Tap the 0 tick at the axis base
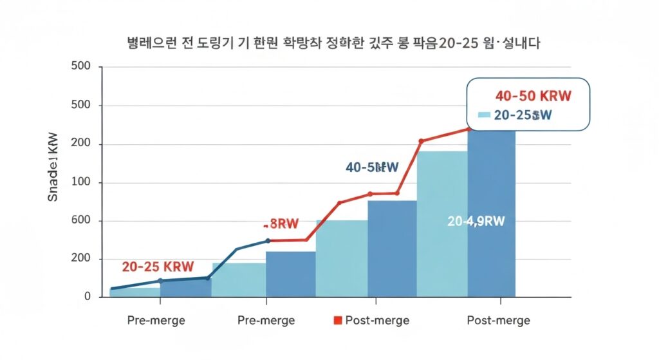[x=88, y=297]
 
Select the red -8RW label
[x=281, y=224]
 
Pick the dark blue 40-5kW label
[x=372, y=167]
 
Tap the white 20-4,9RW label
[x=476, y=221]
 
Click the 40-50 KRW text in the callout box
[x=534, y=96]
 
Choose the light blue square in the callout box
[x=484, y=115]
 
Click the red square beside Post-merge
[x=339, y=320]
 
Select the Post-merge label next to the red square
[x=376, y=320]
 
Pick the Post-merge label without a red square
[x=498, y=320]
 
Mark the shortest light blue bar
[x=135, y=292]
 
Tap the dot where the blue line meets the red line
[x=268, y=241]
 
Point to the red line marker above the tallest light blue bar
[x=422, y=141]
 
